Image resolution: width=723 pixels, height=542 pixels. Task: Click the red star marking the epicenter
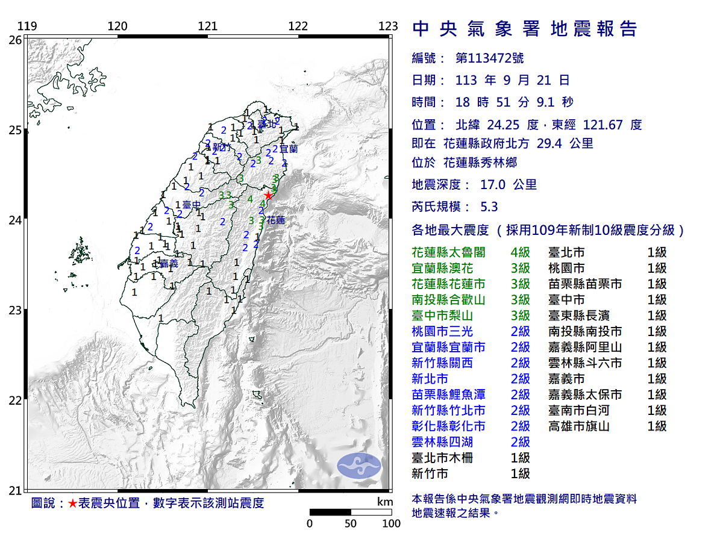tap(268, 196)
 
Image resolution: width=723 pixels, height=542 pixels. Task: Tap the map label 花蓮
tap(275, 220)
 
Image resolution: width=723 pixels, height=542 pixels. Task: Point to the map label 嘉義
tap(169, 263)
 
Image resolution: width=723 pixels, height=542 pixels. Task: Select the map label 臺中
tap(192, 205)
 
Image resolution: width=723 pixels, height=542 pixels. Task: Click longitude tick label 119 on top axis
tap(27, 26)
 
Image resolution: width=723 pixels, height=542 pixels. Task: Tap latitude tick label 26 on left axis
tap(14, 40)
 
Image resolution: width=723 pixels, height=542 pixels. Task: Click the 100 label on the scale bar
tap(391, 523)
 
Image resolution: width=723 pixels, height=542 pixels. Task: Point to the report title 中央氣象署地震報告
tap(524, 29)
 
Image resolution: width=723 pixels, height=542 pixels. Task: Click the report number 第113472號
tap(489, 58)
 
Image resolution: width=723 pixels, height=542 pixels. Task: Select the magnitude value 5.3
tap(489, 207)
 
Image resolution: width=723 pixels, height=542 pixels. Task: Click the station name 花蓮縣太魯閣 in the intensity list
tap(448, 252)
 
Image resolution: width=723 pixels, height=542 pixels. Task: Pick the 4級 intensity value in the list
tap(520, 252)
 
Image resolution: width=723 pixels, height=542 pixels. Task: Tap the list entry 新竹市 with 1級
tap(430, 474)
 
